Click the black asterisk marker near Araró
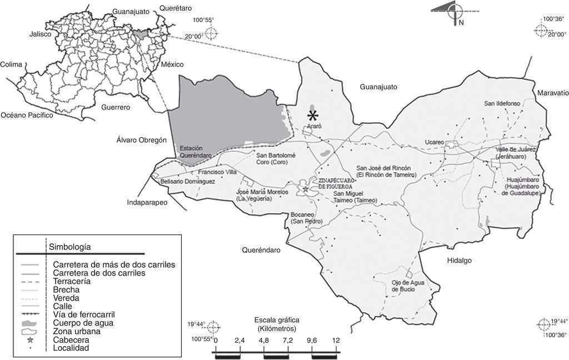click(313, 115)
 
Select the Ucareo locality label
click(435, 142)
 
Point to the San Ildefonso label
click(502, 103)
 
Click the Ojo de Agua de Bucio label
click(403, 286)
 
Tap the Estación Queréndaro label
click(194, 153)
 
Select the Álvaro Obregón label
click(142, 141)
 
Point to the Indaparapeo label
click(147, 202)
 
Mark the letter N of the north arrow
click(461, 23)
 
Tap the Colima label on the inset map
click(11, 64)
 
